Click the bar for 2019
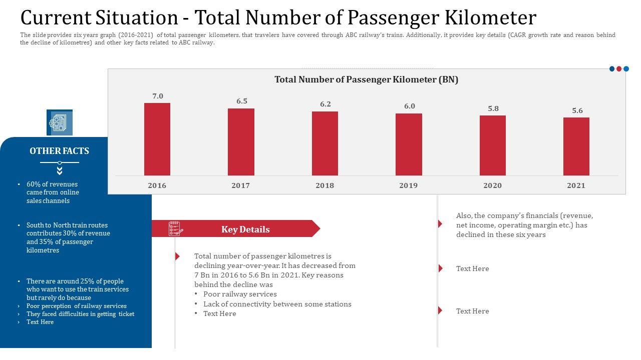tap(409, 144)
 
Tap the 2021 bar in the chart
tap(576, 146)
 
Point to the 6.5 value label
tap(242, 101)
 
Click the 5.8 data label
tap(493, 108)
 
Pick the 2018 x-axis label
tap(325, 185)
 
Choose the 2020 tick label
tap(492, 185)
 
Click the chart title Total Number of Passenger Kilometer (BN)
tap(366, 79)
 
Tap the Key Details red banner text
tap(245, 229)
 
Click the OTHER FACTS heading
tap(59, 151)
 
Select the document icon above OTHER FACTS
tap(60, 122)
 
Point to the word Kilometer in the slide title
tap(491, 18)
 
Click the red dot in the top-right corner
tap(619, 69)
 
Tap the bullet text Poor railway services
tap(240, 294)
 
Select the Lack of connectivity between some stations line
tap(277, 304)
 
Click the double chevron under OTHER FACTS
tap(60, 171)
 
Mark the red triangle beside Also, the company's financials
tap(440, 223)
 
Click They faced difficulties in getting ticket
tap(80, 314)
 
